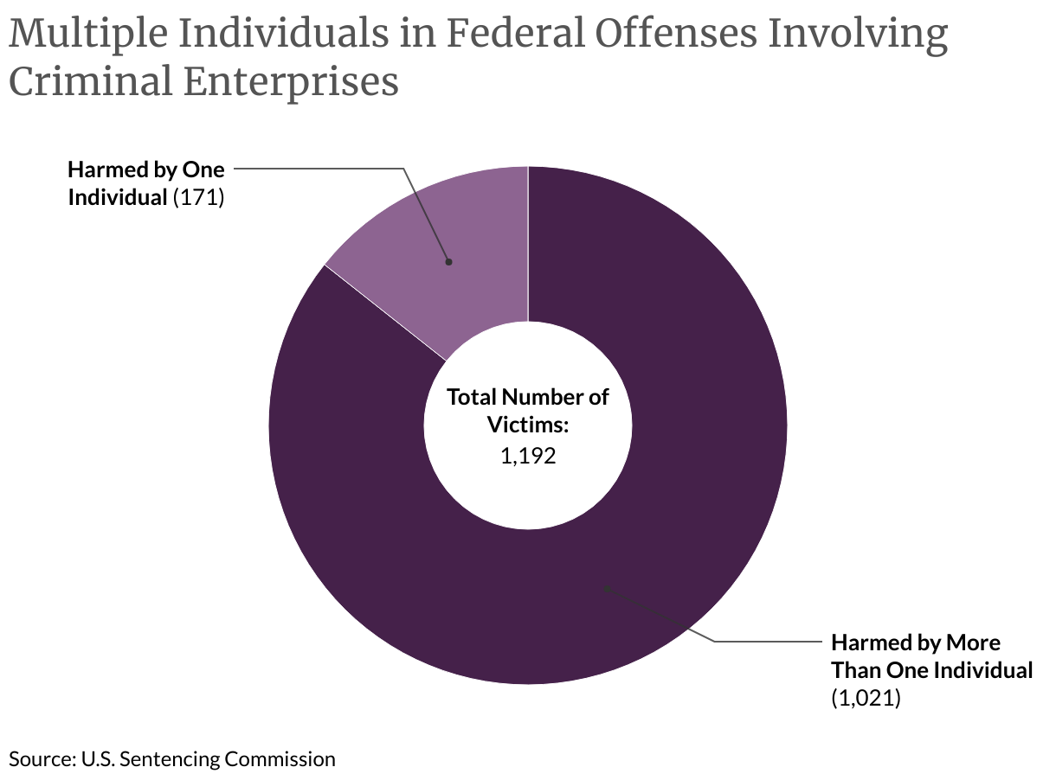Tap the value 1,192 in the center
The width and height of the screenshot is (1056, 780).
[x=527, y=456]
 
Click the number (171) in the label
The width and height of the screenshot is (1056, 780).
[x=199, y=197]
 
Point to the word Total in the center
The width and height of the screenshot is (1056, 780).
[x=472, y=397]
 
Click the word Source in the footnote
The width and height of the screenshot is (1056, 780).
[x=40, y=759]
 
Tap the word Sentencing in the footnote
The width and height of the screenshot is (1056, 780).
[x=171, y=759]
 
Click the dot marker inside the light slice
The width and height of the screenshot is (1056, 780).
[x=448, y=261]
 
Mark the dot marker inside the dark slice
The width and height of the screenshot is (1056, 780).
[x=608, y=588]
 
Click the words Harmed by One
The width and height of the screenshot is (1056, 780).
[x=146, y=169]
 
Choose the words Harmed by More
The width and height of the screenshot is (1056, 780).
[x=916, y=643]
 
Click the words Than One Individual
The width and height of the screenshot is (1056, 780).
[x=932, y=670]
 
